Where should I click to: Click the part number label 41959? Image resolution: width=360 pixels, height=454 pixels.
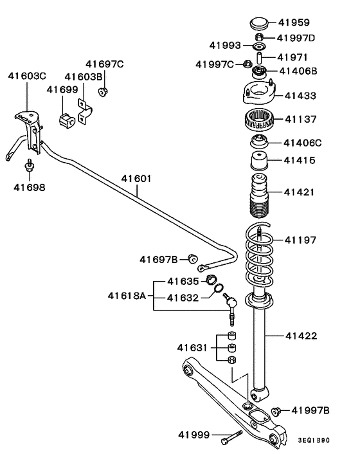point(294,23)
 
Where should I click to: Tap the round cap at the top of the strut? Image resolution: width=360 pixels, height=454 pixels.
point(259,23)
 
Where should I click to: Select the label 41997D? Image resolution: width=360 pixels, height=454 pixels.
point(296,38)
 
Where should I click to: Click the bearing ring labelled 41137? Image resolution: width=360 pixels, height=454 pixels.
point(258,120)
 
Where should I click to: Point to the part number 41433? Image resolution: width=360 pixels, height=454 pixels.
point(300,96)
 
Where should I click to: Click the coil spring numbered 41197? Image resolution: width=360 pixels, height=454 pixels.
point(259,255)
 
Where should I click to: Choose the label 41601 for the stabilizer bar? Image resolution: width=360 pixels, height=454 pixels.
point(136,179)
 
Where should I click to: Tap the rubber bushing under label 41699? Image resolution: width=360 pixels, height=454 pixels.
point(67,121)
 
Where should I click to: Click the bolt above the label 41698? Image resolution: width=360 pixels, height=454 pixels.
point(29,166)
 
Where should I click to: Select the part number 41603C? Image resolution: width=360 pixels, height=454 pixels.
point(27,76)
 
